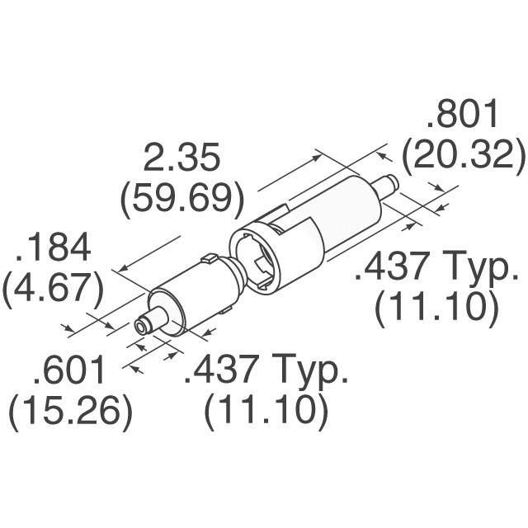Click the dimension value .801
tap(462, 114)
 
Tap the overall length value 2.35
tap(181, 158)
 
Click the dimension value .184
tap(53, 247)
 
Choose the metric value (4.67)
tap(53, 290)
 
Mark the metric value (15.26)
tap(70, 412)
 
